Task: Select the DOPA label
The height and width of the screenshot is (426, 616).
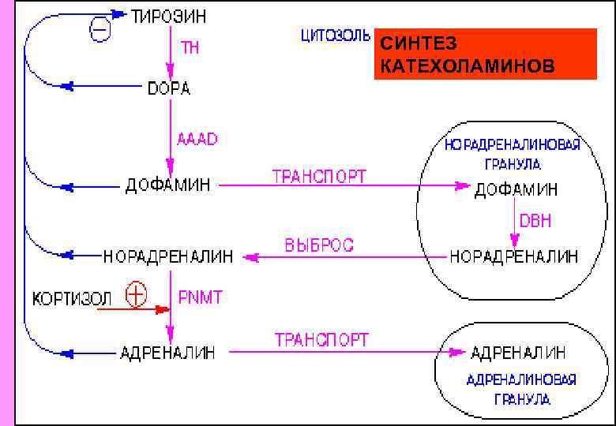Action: point(169,88)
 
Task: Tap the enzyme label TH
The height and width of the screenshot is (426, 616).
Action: point(191,48)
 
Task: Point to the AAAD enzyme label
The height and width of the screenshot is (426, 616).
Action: point(197,140)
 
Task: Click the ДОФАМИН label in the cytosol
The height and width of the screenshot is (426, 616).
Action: point(168,186)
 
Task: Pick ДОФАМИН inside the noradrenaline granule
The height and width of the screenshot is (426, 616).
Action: point(516,190)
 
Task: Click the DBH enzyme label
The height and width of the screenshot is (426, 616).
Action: point(535,221)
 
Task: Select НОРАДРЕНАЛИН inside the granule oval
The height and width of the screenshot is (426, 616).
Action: point(514,256)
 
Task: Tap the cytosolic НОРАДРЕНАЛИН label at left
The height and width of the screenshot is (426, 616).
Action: point(169,256)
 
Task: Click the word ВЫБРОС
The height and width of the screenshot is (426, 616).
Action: point(319,245)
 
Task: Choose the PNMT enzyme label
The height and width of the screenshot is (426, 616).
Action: point(201,297)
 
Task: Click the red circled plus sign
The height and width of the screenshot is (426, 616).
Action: point(137,294)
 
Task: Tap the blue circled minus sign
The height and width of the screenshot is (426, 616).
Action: point(100,31)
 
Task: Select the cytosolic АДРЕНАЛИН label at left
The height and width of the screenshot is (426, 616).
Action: point(167,353)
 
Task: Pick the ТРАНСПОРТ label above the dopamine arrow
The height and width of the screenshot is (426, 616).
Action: point(319,177)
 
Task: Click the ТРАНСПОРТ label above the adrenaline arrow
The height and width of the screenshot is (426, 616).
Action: point(321,341)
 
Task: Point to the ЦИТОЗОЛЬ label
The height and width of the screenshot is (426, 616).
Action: point(335,36)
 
